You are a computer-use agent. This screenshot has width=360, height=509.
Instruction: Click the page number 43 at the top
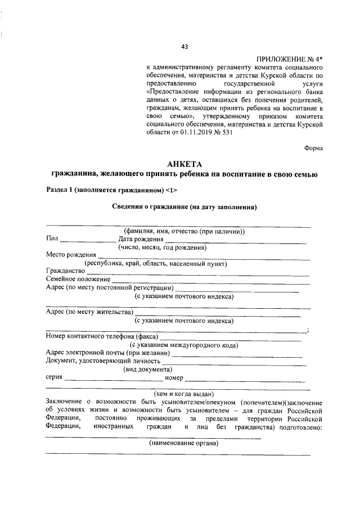184,47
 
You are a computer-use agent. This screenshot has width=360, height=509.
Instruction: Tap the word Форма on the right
313,148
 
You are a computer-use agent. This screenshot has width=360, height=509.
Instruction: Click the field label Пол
52,239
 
